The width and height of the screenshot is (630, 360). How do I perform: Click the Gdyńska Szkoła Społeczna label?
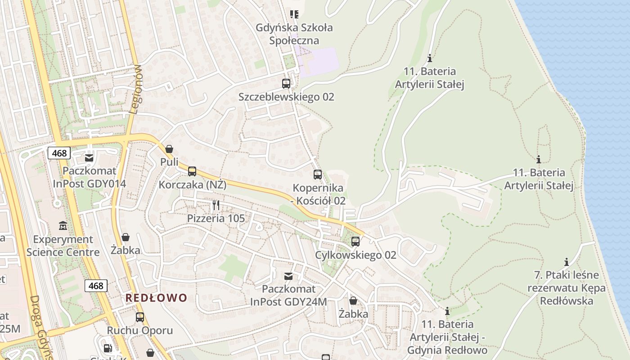click(x=294, y=34)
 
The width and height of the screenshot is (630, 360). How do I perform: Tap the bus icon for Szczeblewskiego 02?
click(x=286, y=83)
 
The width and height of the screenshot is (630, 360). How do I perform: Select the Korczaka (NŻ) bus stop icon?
click(x=192, y=171)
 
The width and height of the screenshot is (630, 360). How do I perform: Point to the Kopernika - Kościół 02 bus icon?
click(x=318, y=175)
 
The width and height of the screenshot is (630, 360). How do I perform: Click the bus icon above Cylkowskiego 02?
click(x=355, y=242)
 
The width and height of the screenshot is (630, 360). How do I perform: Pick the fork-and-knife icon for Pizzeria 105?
click(x=216, y=205)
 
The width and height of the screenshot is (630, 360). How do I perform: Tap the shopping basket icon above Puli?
click(x=169, y=149)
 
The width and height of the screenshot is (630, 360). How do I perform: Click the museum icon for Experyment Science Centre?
click(x=63, y=225)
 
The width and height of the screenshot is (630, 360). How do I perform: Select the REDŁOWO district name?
click(x=156, y=298)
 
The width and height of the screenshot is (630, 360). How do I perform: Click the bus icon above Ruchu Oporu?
click(x=140, y=317)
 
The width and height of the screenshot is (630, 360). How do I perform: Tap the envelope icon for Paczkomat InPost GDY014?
click(x=89, y=157)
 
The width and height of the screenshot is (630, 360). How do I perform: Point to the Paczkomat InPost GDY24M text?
click(x=288, y=295)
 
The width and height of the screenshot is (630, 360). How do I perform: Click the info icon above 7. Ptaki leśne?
click(x=567, y=262)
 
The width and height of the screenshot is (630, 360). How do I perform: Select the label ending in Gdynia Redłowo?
click(x=447, y=337)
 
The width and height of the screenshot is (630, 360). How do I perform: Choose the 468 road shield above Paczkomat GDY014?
click(x=59, y=153)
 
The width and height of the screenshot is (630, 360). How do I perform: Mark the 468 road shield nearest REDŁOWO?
click(x=96, y=285)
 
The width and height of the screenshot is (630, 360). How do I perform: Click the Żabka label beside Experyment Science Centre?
click(x=125, y=250)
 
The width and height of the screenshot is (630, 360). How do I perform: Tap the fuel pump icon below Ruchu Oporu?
click(x=108, y=348)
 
